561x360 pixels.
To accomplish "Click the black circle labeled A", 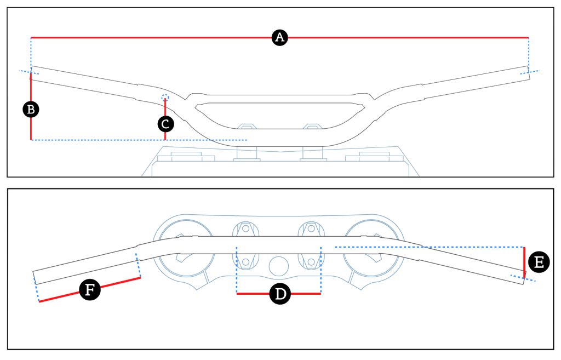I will (x=280, y=37).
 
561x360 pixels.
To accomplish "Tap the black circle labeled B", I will (x=31, y=109).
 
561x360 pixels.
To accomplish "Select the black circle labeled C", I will (x=165, y=124).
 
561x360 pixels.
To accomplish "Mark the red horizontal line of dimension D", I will (x=252, y=294).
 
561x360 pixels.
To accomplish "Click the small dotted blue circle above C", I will (x=165, y=98).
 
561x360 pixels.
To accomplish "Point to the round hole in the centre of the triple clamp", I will (x=279, y=266).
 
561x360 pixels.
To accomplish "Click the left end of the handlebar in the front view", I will (x=34, y=73).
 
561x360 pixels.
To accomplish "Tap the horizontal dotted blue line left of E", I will (x=427, y=247).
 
